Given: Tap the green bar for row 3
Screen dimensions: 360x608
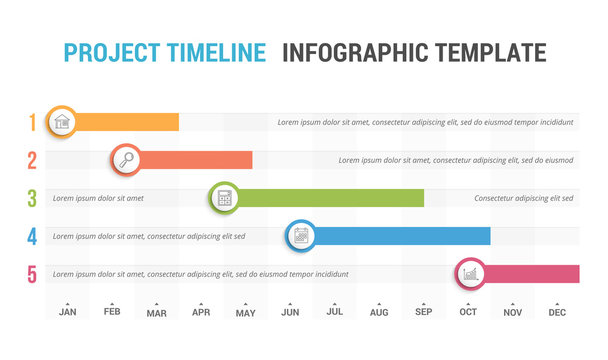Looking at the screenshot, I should (330, 198).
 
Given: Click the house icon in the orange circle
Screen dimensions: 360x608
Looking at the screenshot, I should (62, 122).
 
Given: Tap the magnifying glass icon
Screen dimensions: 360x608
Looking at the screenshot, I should (126, 159).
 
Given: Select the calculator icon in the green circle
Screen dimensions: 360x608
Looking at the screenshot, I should (224, 198).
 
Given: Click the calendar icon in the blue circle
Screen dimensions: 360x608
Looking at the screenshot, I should (300, 236).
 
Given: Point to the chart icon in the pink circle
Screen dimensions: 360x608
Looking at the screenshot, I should (470, 273).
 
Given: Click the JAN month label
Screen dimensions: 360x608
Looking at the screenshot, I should (67, 313).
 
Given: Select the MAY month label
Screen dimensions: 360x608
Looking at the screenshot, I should (245, 313).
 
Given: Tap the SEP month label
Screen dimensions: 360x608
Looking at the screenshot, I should (423, 313).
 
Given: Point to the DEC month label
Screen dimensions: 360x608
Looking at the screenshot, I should (557, 313).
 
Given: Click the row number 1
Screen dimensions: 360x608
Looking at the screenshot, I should (32, 122).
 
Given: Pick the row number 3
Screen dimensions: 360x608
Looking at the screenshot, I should (32, 198).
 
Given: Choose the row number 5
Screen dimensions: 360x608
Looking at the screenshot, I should (32, 274).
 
